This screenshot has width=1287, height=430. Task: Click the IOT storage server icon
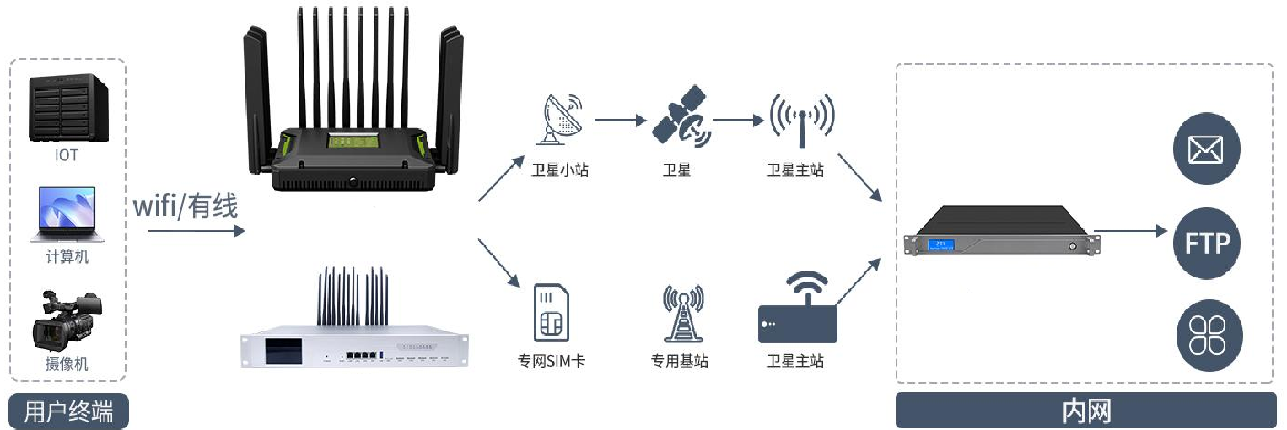[67, 110]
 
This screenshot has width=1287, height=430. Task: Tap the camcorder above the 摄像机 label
[67, 321]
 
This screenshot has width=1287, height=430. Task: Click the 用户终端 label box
[68, 411]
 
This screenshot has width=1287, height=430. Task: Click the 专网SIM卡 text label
[552, 363]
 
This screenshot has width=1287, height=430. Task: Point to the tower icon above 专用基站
[681, 314]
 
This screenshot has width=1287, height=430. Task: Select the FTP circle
[1207, 244]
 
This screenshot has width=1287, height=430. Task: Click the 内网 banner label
[1085, 411]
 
